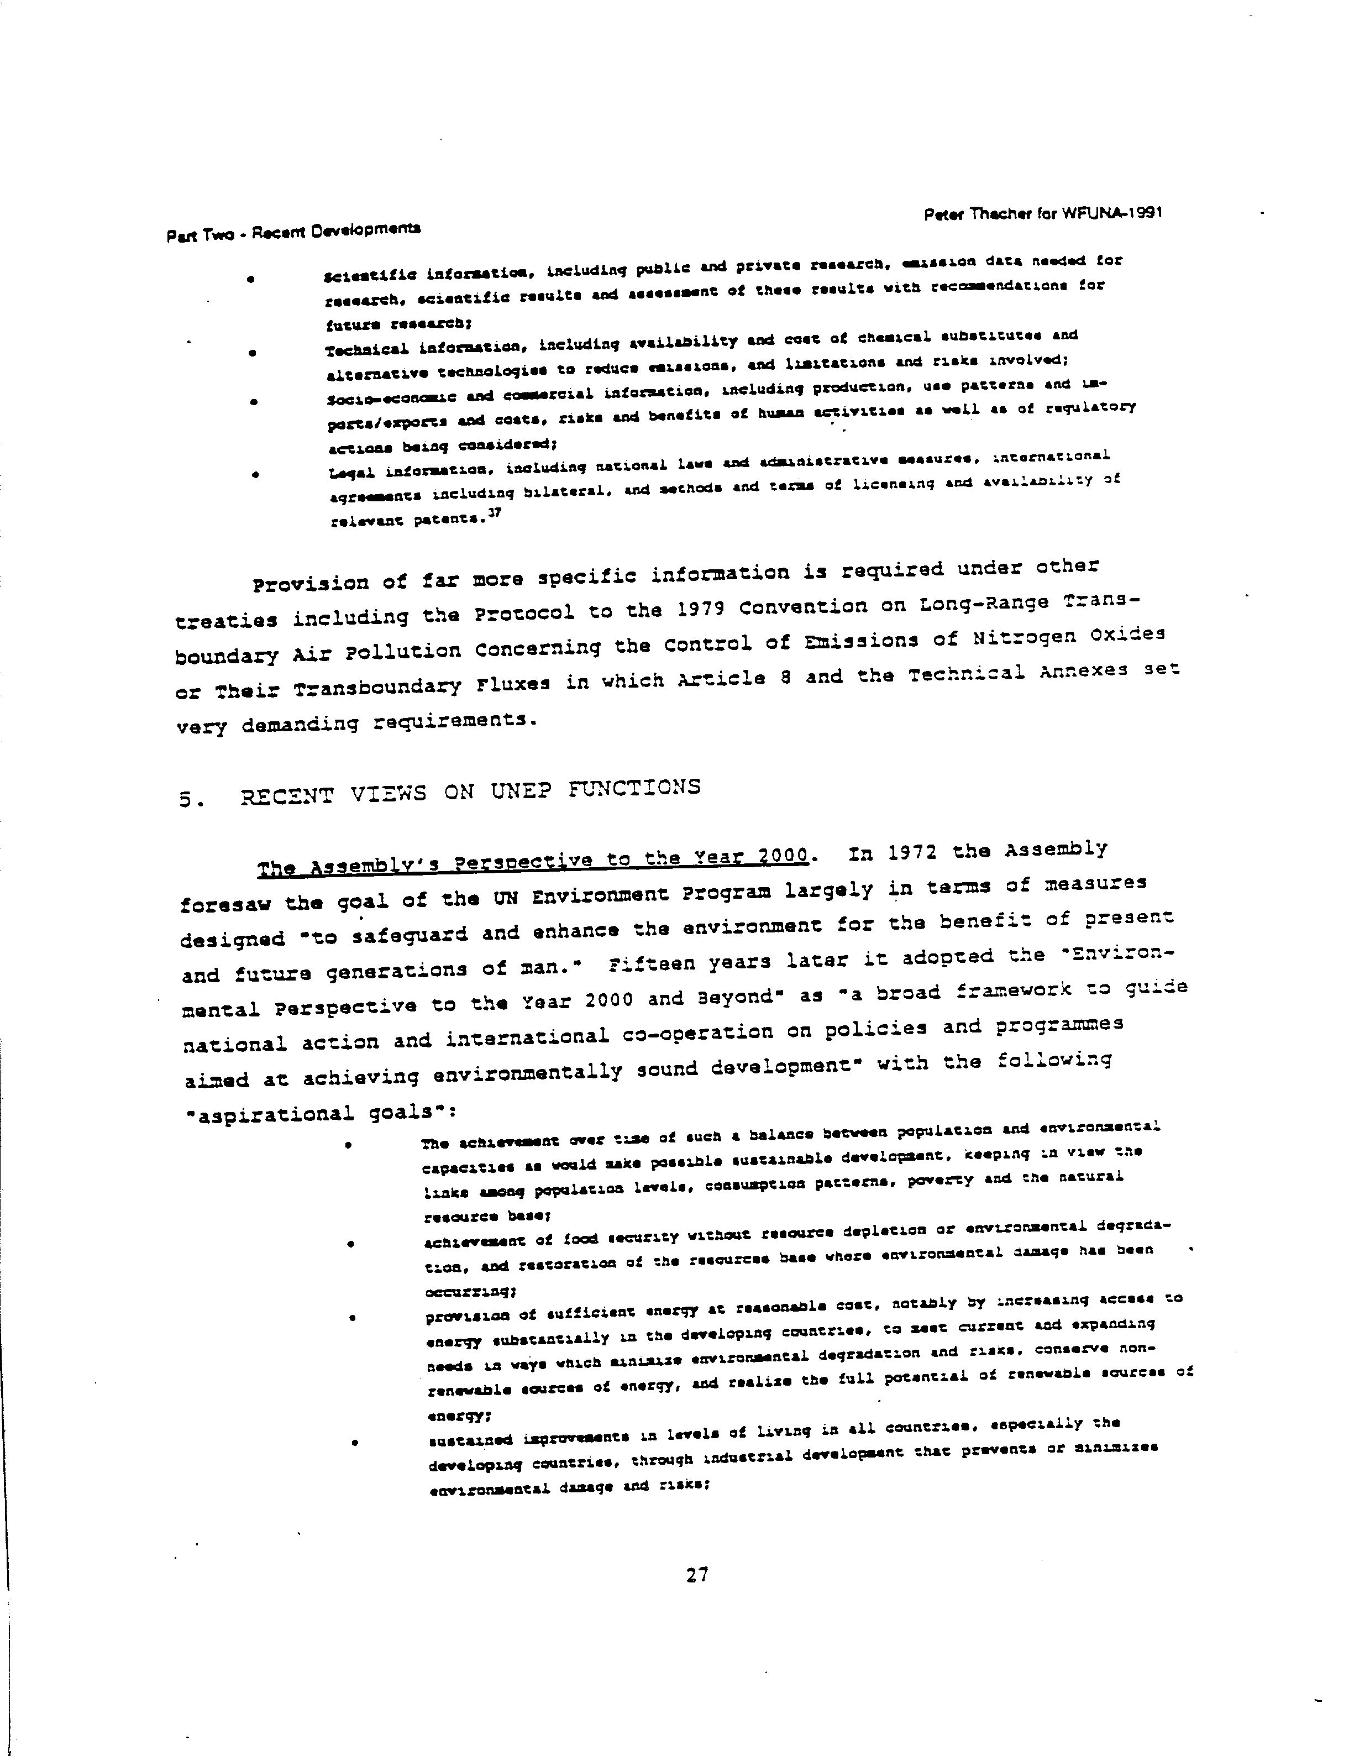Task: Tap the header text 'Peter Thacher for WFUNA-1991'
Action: coord(1043,214)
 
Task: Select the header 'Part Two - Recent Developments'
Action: coord(293,232)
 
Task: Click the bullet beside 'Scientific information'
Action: coord(251,279)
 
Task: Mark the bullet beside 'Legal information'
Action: coord(255,475)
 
